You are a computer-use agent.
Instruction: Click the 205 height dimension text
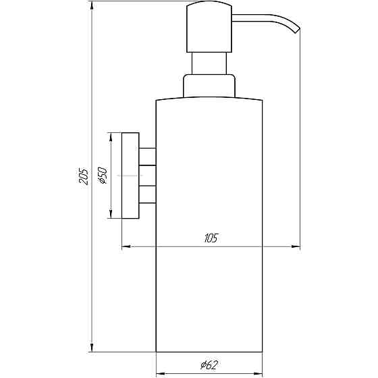82,178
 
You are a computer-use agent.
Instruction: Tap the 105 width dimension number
210,238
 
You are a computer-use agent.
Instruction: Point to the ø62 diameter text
208,365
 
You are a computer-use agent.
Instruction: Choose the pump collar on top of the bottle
209,87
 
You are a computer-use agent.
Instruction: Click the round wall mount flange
130,175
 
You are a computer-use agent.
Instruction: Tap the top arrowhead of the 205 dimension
91,7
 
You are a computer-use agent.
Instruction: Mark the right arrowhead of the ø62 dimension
258,373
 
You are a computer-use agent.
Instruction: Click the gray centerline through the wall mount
128,175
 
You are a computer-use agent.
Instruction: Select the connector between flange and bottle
147,175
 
